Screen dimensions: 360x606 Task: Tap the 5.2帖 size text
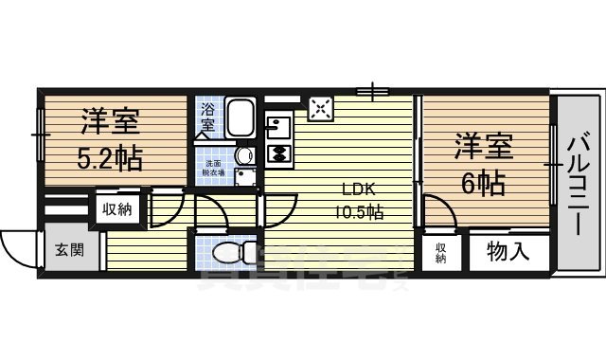(x=109, y=157)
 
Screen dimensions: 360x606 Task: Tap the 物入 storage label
(x=507, y=252)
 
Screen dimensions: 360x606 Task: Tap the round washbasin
(x=243, y=155)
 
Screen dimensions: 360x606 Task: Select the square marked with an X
(x=321, y=109)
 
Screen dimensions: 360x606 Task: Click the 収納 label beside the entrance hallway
(x=117, y=208)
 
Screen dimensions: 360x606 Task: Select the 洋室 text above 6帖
(x=484, y=147)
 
